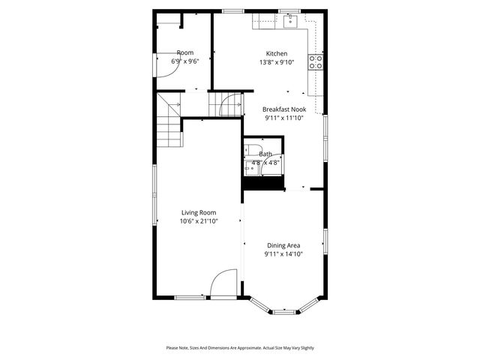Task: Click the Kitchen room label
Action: point(277,53)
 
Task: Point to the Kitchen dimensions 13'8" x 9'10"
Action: point(277,62)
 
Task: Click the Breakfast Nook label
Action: point(283,109)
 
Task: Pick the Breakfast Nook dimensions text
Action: point(283,118)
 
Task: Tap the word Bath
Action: point(265,154)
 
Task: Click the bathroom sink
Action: point(252,169)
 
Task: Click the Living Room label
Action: point(199,212)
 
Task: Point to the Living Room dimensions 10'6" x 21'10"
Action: point(199,221)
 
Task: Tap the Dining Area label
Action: point(283,245)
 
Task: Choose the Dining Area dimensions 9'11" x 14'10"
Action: point(283,254)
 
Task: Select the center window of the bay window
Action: point(283,310)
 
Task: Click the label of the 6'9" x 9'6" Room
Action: point(184,52)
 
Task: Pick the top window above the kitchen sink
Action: point(289,10)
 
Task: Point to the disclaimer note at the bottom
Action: point(240,348)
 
